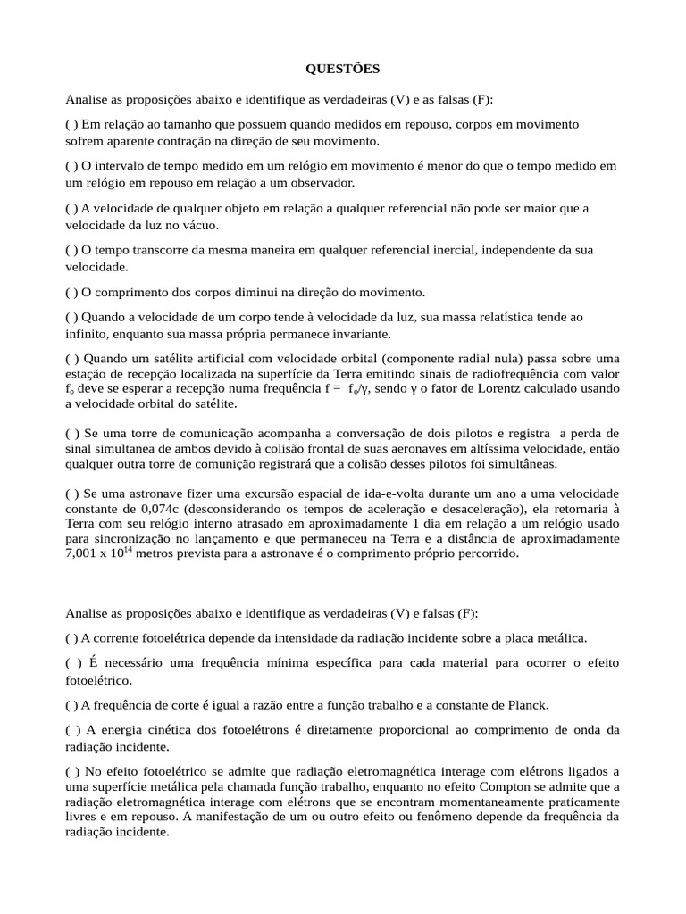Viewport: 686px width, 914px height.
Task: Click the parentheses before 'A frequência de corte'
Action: (71, 705)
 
